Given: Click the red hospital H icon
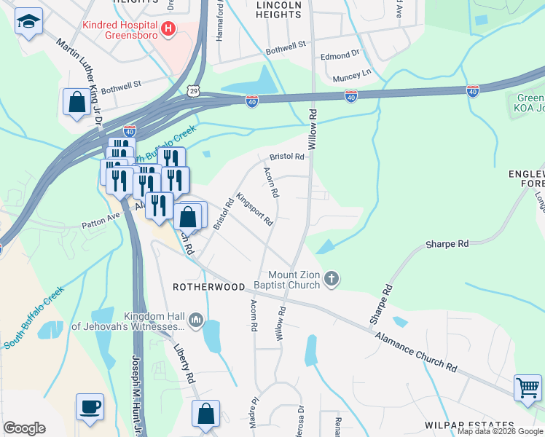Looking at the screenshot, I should click(169, 28).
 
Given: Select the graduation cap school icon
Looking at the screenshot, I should click(28, 23).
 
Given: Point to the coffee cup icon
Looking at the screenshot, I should click(90, 407).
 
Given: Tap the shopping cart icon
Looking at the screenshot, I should click(528, 387).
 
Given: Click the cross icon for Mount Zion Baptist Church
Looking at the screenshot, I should click(332, 279).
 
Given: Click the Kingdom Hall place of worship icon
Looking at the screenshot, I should click(196, 320).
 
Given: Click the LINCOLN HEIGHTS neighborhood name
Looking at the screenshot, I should click(278, 9).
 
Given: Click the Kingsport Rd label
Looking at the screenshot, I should click(254, 209).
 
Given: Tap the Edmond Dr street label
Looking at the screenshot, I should click(340, 54).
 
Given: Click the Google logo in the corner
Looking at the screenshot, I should click(24, 428).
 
